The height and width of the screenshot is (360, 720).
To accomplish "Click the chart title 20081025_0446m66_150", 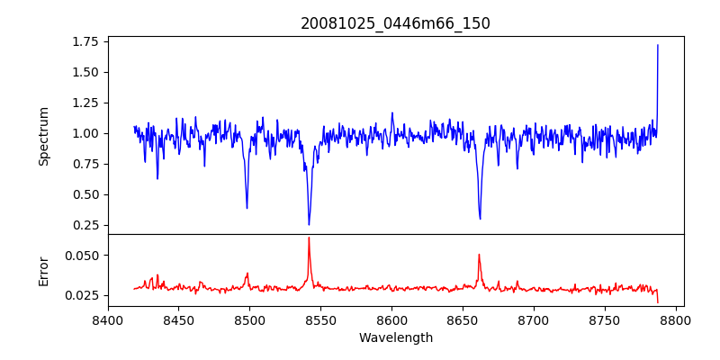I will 395,23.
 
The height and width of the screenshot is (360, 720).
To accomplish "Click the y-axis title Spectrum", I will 44,136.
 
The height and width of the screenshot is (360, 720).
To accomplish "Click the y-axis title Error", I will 44,271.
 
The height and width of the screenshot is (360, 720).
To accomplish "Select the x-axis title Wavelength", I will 395,338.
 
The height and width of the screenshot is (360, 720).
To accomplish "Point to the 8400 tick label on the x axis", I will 108,319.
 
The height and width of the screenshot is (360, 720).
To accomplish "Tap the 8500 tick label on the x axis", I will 249,319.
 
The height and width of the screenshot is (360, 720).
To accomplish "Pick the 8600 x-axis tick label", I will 391,319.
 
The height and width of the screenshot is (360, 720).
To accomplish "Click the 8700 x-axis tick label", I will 534,319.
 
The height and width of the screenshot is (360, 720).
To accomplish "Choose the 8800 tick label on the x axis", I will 676,319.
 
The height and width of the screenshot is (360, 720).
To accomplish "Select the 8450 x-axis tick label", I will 178,319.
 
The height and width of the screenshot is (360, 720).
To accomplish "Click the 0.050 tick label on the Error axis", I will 81,256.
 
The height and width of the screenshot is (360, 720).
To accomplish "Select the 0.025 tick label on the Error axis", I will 81,295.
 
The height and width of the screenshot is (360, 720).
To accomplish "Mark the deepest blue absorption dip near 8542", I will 309,224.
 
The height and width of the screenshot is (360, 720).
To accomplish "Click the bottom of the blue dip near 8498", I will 247,208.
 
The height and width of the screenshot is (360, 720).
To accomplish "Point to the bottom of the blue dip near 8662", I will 480,218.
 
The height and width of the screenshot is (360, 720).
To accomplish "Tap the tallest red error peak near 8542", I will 309,238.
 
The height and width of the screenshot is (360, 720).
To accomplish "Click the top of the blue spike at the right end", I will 658,45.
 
